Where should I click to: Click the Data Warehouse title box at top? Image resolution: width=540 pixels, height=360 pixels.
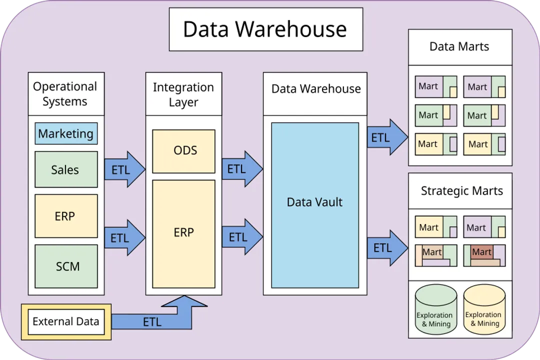coord(265,29)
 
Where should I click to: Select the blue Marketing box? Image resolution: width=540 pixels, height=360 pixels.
coord(66,133)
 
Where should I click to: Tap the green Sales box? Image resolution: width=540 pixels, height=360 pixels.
coord(66,169)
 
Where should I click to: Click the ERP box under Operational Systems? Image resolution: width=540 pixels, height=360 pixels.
coord(66,216)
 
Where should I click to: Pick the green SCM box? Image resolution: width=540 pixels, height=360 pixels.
coord(66,266)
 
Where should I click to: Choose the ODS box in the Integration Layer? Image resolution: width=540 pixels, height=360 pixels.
coord(184,151)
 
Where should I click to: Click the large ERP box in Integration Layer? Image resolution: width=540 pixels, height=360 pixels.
coord(184,233)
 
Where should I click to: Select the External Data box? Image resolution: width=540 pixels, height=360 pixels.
coord(66,321)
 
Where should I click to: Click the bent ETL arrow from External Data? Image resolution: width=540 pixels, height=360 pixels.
coord(152,321)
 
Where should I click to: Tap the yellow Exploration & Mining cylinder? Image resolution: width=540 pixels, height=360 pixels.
coord(483,311)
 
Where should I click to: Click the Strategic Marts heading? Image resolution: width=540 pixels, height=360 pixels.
coord(461,191)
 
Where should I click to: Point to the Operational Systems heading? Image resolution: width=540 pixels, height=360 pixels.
coord(65,93)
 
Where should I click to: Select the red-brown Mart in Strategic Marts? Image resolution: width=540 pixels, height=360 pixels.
coord(482,252)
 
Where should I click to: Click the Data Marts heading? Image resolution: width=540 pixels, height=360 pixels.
coord(459,47)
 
